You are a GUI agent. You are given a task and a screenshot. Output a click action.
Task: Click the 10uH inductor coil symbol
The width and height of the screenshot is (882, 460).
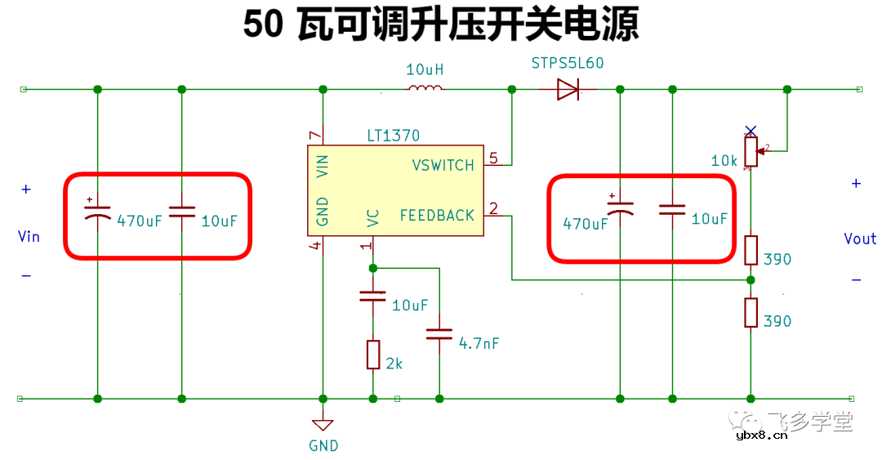[425, 88]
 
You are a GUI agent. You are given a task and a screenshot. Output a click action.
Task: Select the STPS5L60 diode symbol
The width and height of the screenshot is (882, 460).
[568, 89]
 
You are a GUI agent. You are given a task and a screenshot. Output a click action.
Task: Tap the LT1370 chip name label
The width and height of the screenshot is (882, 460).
[394, 136]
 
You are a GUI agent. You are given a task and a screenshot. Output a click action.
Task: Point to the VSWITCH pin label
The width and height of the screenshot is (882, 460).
[443, 165]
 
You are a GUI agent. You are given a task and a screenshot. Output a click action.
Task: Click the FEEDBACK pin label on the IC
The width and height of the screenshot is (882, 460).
[437, 216]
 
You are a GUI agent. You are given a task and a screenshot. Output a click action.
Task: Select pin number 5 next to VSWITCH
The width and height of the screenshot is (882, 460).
[492, 157]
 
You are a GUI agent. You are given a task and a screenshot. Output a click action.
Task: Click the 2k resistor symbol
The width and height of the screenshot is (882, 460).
[373, 355]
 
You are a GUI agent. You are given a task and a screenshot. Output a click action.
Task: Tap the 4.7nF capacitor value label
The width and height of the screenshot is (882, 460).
[479, 343]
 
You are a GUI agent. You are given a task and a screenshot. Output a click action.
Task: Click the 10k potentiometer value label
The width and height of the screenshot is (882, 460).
[724, 161]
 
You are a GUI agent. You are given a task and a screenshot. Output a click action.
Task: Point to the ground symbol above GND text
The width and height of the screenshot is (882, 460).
[323, 425]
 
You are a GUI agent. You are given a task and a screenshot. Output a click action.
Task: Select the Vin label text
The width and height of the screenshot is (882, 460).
[29, 237]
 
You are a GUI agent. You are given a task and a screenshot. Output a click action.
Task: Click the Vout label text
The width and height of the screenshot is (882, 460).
[860, 239]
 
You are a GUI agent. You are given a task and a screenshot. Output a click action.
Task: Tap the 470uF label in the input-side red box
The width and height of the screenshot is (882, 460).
[140, 221]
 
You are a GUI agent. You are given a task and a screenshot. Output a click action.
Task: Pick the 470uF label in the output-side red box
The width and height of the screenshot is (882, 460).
[586, 223]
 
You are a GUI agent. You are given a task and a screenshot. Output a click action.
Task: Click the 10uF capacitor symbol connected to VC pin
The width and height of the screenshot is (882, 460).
[373, 296]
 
